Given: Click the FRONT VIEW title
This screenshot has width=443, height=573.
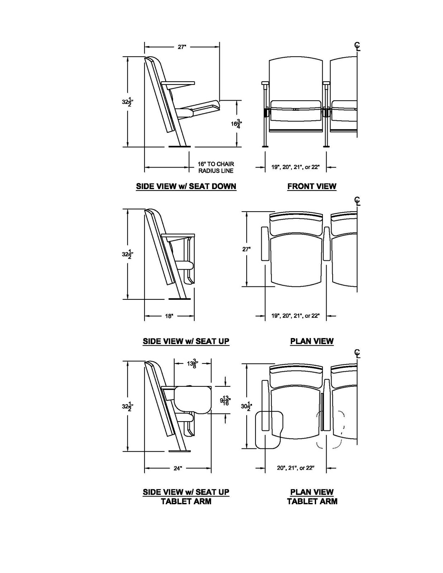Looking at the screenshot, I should pos(311,186).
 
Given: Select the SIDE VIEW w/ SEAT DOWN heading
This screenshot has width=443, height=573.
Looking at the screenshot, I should pos(186,186).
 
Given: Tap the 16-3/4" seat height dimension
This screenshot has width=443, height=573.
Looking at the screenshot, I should pos(235,124).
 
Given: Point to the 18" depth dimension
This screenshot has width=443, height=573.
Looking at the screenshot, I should pos(169,316).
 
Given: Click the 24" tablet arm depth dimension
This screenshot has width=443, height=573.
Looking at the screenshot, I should pos(178,468).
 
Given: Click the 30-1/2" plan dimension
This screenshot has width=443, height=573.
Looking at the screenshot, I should pos(246,406).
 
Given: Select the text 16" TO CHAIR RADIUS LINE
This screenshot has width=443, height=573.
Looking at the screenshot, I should pos(216,167).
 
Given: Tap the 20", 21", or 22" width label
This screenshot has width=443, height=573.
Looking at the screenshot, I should pos(295,468).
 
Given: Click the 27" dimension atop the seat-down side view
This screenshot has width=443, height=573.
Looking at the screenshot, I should pos(182,47).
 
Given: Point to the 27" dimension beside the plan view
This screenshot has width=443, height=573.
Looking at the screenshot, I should pos(246,249).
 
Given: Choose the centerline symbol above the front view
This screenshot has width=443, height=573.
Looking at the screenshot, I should pos(357,46).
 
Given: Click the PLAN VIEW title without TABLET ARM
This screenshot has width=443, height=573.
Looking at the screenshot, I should pos(311,341).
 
